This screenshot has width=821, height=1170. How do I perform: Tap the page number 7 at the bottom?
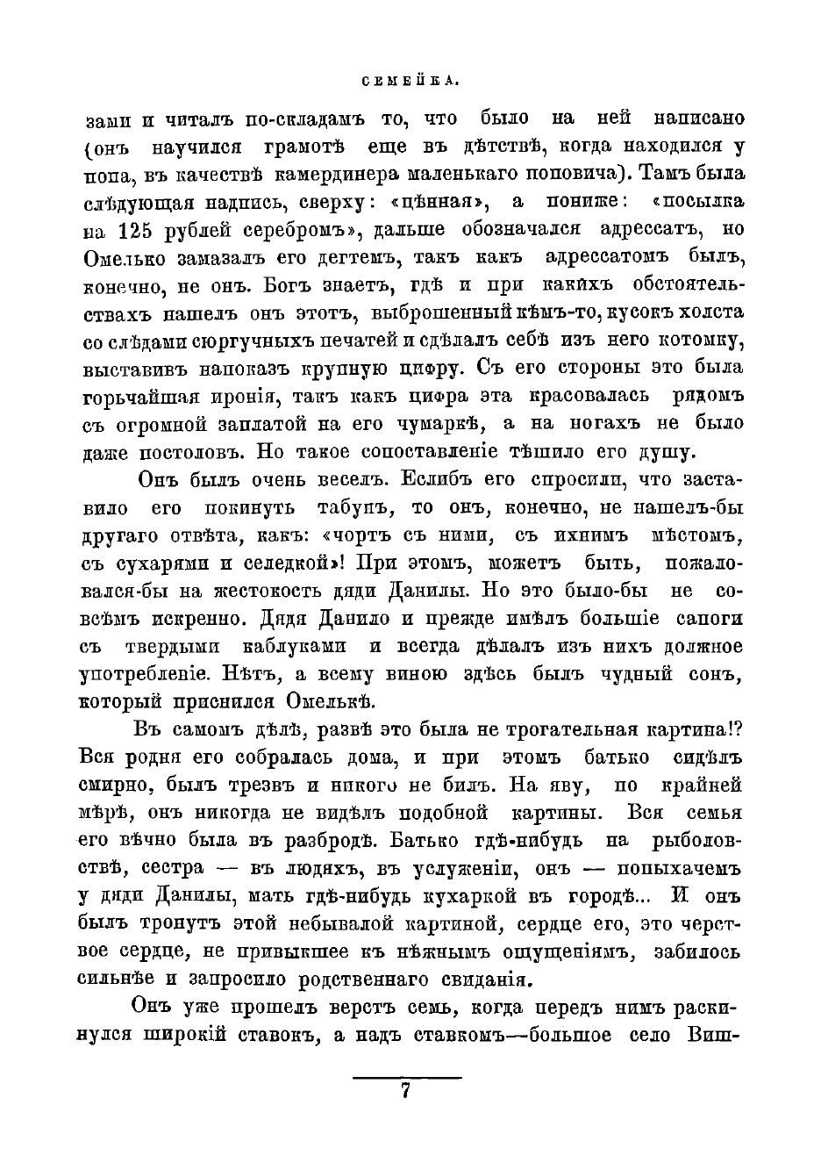[406, 1090]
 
